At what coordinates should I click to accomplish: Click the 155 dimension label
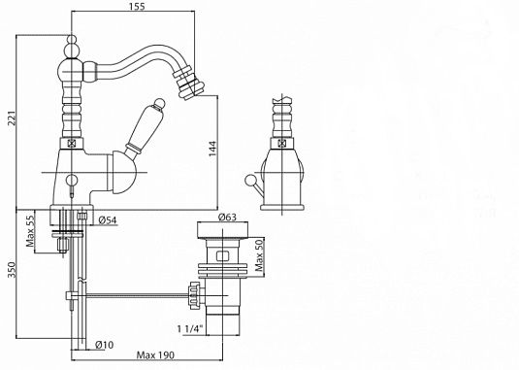pyautogui.click(x=138, y=6)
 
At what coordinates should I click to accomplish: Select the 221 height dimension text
pyautogui.click(x=12, y=118)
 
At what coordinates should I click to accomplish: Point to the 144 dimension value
pyautogui.click(x=212, y=149)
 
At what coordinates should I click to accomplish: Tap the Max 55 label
pyautogui.click(x=30, y=231)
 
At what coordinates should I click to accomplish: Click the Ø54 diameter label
pyautogui.click(x=108, y=219)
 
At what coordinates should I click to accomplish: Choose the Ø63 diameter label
pyautogui.click(x=227, y=217)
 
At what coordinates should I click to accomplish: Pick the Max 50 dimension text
pyautogui.click(x=260, y=254)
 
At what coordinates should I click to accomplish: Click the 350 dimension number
pyautogui.click(x=12, y=270)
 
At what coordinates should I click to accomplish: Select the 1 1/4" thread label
pyautogui.click(x=190, y=329)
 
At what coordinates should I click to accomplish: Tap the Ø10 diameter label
pyautogui.click(x=104, y=345)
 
